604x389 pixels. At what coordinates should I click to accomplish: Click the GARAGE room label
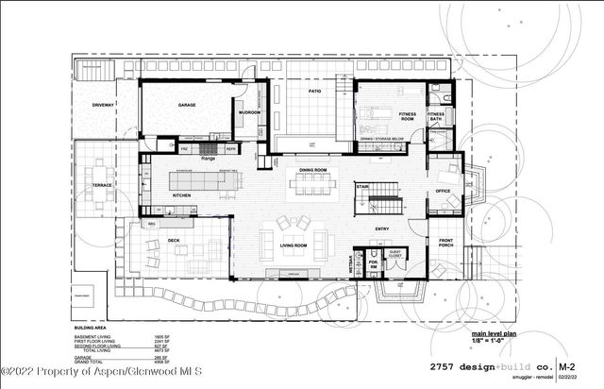pyautogui.click(x=187, y=106)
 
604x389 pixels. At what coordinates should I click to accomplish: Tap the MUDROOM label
pyautogui.click(x=249, y=112)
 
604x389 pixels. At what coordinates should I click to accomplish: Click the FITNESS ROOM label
pyautogui.click(x=408, y=117)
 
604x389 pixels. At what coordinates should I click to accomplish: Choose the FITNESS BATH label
pyautogui.click(x=436, y=116)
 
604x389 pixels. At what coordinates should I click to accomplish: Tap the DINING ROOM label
pyautogui.click(x=312, y=170)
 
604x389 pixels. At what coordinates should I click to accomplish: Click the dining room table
pyautogui.click(x=312, y=184)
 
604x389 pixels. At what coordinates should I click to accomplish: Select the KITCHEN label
pyautogui.click(x=182, y=195)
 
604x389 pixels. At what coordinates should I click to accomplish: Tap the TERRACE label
pyautogui.click(x=102, y=185)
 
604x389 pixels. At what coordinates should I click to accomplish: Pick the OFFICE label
pyautogui.click(x=442, y=191)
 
